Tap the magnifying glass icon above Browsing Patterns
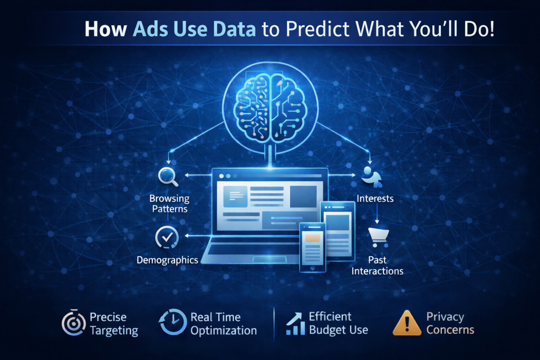[168, 176]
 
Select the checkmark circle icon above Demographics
[167, 238]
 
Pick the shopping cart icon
[379, 237]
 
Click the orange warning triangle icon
[407, 323]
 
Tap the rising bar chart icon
[295, 324]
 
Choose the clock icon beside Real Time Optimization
[172, 322]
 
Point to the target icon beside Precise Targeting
[73, 323]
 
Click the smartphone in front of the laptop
[312, 247]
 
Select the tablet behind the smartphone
[337, 230]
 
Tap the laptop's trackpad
[269, 259]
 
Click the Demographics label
[167, 260]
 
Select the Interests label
[375, 199]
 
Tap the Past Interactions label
[378, 265]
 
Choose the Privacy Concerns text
[450, 323]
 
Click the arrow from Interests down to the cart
[377, 213]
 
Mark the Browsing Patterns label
[169, 204]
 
